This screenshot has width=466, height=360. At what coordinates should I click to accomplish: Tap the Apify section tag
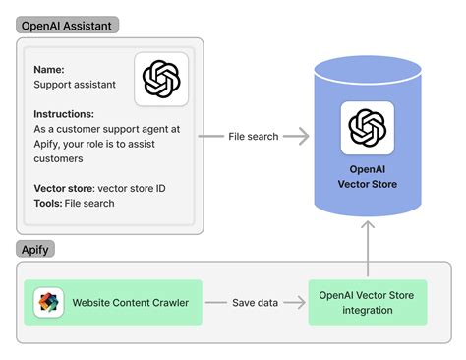pyautogui.click(x=34, y=250)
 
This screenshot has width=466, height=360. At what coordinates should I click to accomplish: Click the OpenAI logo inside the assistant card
pyautogui.click(x=161, y=80)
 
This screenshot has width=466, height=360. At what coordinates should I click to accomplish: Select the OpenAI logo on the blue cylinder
pyautogui.click(x=368, y=128)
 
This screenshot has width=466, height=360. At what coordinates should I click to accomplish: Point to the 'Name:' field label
pyautogui.click(x=50, y=70)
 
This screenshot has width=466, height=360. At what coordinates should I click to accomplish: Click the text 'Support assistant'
pyautogui.click(x=75, y=85)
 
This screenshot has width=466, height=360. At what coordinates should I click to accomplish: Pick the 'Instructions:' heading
pyautogui.click(x=64, y=114)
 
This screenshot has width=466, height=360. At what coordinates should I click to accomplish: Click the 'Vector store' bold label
pyautogui.click(x=64, y=188)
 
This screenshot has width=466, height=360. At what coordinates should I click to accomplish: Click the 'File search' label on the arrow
pyautogui.click(x=254, y=137)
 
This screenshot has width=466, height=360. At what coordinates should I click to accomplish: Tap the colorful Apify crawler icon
pyautogui.click(x=48, y=303)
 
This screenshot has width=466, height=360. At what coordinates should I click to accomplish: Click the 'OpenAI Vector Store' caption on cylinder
pyautogui.click(x=368, y=175)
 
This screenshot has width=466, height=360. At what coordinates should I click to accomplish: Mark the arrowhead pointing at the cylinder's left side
pyautogui.click(x=303, y=137)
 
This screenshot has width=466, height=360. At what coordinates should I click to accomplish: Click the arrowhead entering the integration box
pyautogui.click(x=303, y=302)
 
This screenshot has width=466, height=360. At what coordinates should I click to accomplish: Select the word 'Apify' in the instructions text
pyautogui.click(x=50, y=144)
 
